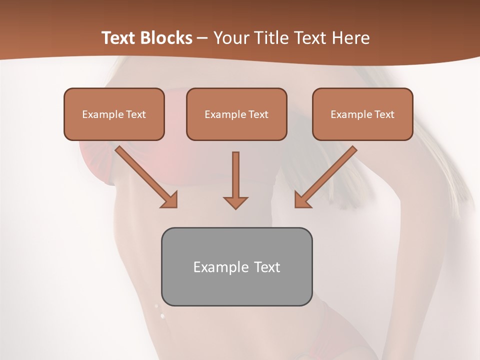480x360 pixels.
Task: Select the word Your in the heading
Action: click(230, 38)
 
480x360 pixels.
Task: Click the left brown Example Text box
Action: click(114, 114)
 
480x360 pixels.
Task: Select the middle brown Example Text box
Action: click(236, 114)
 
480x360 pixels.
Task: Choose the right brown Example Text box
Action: click(362, 114)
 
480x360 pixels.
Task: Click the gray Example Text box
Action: click(236, 266)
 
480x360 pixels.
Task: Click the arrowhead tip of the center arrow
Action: click(235, 207)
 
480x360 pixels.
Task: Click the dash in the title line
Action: click(202, 38)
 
